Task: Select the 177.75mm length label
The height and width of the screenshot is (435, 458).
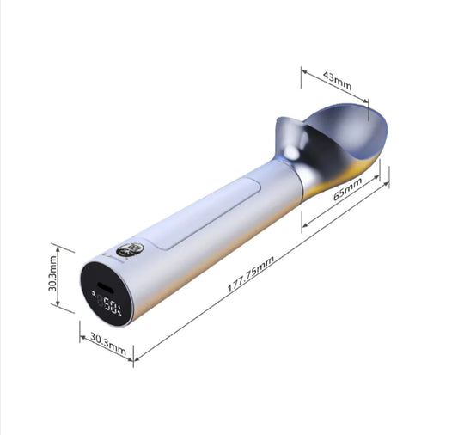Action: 250,274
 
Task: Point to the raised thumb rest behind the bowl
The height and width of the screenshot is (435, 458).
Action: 288,138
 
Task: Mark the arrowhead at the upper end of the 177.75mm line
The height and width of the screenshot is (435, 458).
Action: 387,182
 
